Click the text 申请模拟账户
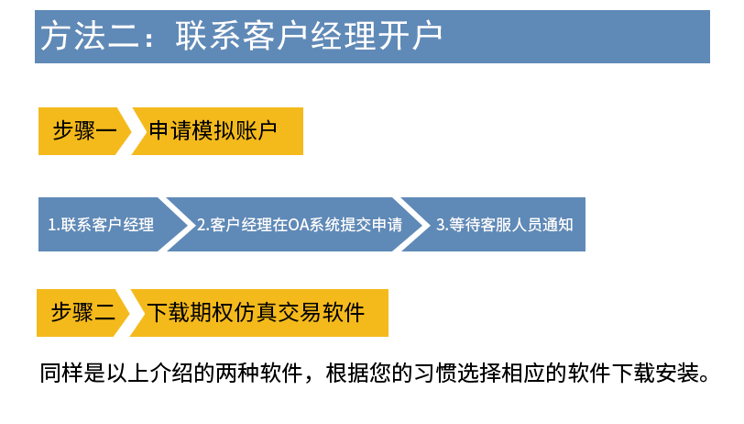[212, 131]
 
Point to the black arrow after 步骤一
[136, 131]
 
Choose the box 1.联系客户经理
[101, 224]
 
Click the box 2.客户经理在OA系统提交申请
[299, 224]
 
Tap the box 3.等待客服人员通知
[504, 224]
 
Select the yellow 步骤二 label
[82, 313]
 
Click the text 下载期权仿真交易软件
[257, 313]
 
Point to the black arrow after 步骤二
[135, 313]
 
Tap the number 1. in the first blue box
[53, 225]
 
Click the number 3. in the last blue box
[441, 225]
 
